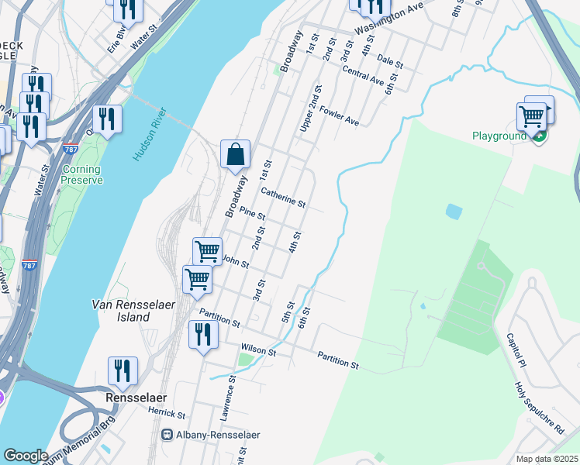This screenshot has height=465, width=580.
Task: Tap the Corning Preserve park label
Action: [x=81, y=175]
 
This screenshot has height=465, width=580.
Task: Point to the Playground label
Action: [x=499, y=136]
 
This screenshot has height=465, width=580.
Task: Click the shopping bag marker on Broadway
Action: [x=236, y=154]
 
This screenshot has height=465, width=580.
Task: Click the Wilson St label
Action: [x=258, y=350]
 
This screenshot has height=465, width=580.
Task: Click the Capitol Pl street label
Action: [x=516, y=351]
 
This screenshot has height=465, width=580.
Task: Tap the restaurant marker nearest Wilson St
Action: [x=203, y=335]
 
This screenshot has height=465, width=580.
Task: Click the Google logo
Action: [x=26, y=456]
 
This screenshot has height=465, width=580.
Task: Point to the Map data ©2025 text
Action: [x=547, y=459]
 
